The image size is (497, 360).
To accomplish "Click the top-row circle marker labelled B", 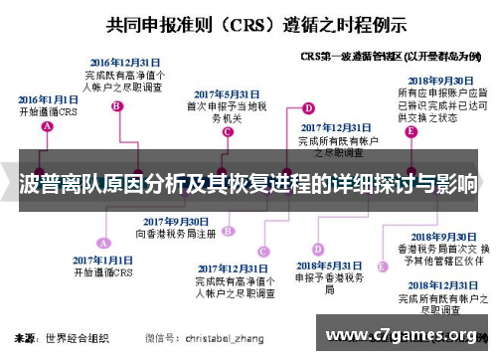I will pos(117,106).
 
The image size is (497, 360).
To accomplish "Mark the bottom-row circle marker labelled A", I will pos(102,241).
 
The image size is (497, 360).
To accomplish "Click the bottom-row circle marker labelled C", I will pos(262,251).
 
